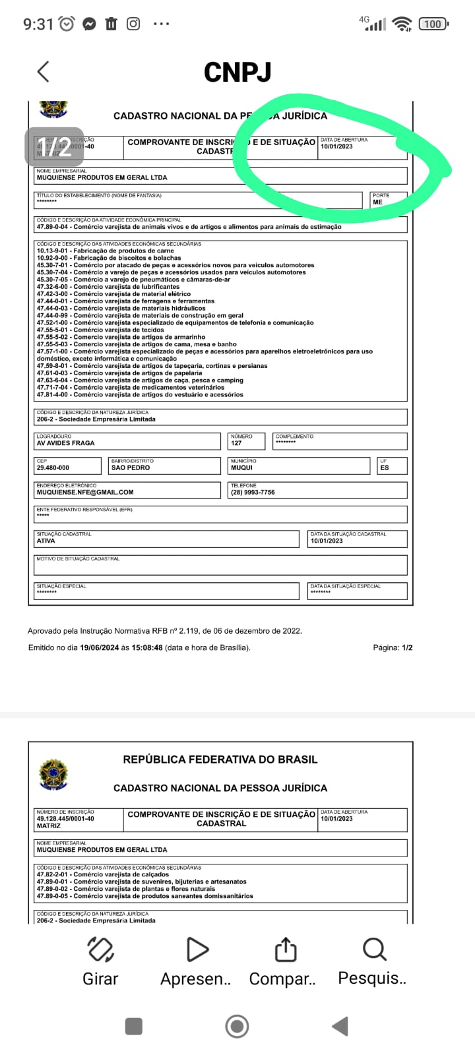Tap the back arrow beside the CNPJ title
44,72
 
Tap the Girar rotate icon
100,950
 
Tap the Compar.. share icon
285,950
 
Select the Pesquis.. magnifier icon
374,950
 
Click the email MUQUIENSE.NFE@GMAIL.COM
85,492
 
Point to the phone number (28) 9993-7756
253,492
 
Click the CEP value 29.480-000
53,467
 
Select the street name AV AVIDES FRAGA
65,443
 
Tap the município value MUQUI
241,467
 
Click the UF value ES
385,467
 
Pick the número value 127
236,443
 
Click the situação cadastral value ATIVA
46,541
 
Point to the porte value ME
377,202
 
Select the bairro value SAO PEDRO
131,467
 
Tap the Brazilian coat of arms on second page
53,774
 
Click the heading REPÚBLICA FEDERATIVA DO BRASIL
220,760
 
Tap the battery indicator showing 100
433,24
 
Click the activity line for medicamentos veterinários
131,388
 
